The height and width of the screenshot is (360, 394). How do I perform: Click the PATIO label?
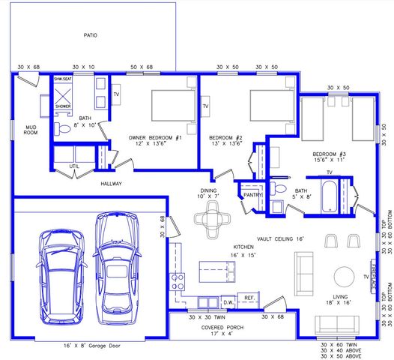point(91,34)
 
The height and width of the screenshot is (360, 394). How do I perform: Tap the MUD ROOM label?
point(31,130)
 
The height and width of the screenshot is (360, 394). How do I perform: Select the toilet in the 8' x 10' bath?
point(64,129)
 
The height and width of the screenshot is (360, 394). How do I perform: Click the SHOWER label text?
point(63,106)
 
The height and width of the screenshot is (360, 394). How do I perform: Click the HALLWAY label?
point(112,183)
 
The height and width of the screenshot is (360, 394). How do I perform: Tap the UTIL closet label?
point(74,166)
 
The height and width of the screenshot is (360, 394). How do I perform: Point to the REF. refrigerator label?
point(249,298)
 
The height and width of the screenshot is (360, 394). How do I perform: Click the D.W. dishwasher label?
point(229,302)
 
